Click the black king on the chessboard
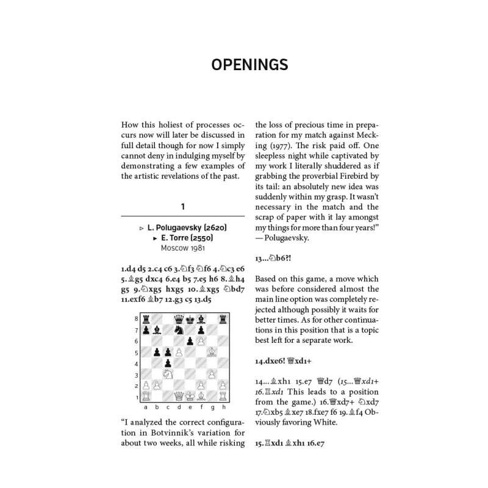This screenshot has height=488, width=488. coord(188,318)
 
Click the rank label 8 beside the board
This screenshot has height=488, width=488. coord(135,318)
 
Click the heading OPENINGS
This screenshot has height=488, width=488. coord(244,65)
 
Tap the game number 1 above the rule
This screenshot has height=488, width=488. coord(182,207)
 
